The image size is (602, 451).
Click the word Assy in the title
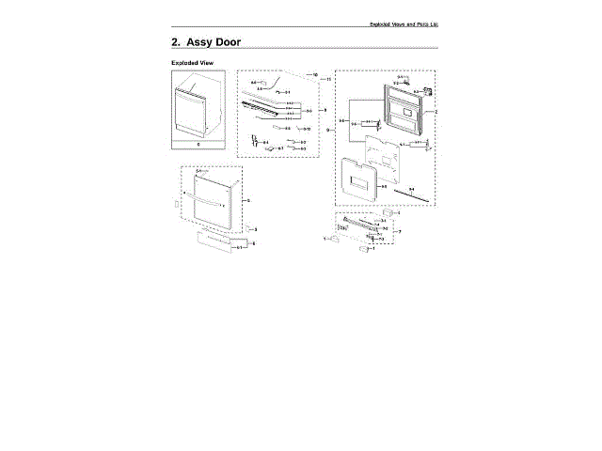pos(203,43)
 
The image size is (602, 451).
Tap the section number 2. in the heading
pos(176,43)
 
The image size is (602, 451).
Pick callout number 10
pos(314,74)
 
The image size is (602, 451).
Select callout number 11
pos(325,81)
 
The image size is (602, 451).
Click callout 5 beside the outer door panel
pos(247,200)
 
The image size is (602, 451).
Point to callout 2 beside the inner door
pos(436,112)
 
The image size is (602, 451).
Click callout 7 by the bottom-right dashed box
pos(399,231)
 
